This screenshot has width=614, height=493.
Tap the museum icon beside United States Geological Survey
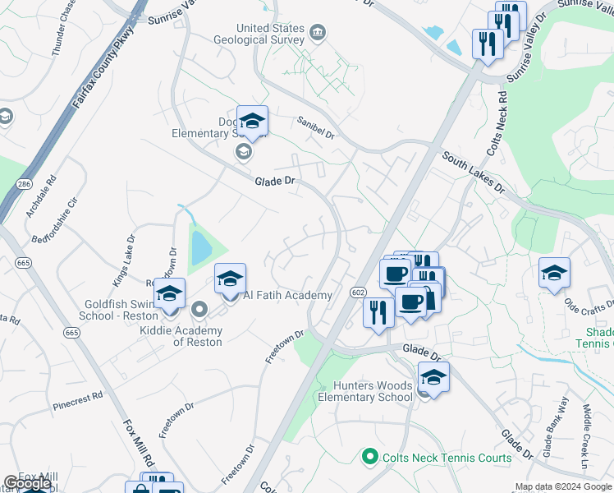[317, 34]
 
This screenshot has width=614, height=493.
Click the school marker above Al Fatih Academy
[230, 280]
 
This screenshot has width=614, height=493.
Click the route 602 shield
[357, 293]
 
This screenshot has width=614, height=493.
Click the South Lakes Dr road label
[472, 172]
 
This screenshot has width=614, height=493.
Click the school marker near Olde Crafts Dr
[555, 274]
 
